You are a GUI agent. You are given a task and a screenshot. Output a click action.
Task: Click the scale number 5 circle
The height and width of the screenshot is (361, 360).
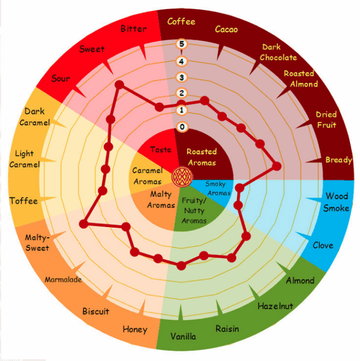[x=181, y=44]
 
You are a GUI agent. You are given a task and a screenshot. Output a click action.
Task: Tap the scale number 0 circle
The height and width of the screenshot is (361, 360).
[x=182, y=127]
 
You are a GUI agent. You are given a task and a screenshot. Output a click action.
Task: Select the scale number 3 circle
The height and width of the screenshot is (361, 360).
[x=181, y=77]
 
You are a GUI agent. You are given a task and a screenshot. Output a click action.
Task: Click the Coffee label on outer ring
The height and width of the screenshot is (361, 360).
[x=181, y=22]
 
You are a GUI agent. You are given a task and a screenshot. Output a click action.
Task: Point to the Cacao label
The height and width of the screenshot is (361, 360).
[x=226, y=29]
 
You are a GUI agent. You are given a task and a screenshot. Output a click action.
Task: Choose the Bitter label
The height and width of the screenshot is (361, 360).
[x=134, y=29]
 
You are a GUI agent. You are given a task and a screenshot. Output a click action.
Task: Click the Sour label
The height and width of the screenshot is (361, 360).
[x=61, y=79]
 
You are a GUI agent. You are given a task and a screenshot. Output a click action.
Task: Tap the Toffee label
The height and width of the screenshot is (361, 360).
[x=23, y=201]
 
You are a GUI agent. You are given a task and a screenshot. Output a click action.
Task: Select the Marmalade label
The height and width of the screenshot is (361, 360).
[x=63, y=279]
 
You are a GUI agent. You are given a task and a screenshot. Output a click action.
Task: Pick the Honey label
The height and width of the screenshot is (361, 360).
[x=135, y=329]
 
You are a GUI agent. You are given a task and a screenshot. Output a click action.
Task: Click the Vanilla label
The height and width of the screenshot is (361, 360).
[x=184, y=336]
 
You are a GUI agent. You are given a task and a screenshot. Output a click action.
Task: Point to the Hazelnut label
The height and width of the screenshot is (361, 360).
[x=275, y=306]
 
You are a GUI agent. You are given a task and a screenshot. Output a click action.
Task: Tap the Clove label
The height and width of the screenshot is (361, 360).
[x=323, y=246]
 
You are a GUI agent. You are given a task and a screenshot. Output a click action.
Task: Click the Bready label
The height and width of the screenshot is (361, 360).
[x=338, y=160]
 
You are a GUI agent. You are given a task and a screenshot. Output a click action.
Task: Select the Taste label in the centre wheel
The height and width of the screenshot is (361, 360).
[x=161, y=150]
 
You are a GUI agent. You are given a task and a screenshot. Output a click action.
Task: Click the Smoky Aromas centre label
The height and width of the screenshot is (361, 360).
[x=217, y=189]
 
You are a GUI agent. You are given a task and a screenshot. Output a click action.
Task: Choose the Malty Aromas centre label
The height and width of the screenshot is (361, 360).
[x=161, y=199]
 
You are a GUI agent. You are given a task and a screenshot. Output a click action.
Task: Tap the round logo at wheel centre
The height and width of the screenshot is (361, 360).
[x=182, y=177]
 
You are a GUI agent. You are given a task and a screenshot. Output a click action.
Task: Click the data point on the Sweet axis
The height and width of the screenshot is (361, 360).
[x=119, y=85]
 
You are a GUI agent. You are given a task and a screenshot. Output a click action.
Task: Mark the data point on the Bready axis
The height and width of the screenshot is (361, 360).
[x=277, y=166]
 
